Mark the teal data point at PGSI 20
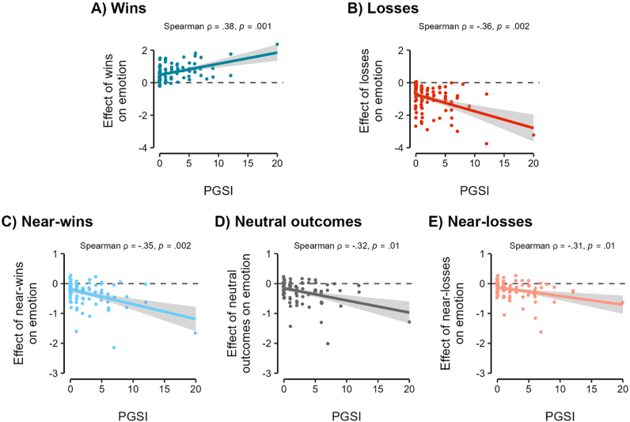coord(277,44)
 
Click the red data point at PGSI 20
coord(533,135)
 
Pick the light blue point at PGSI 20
coord(195,333)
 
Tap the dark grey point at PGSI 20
coord(409,321)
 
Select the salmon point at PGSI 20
coord(622,302)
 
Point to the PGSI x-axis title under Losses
coord(474,190)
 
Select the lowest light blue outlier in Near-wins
coord(114,348)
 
